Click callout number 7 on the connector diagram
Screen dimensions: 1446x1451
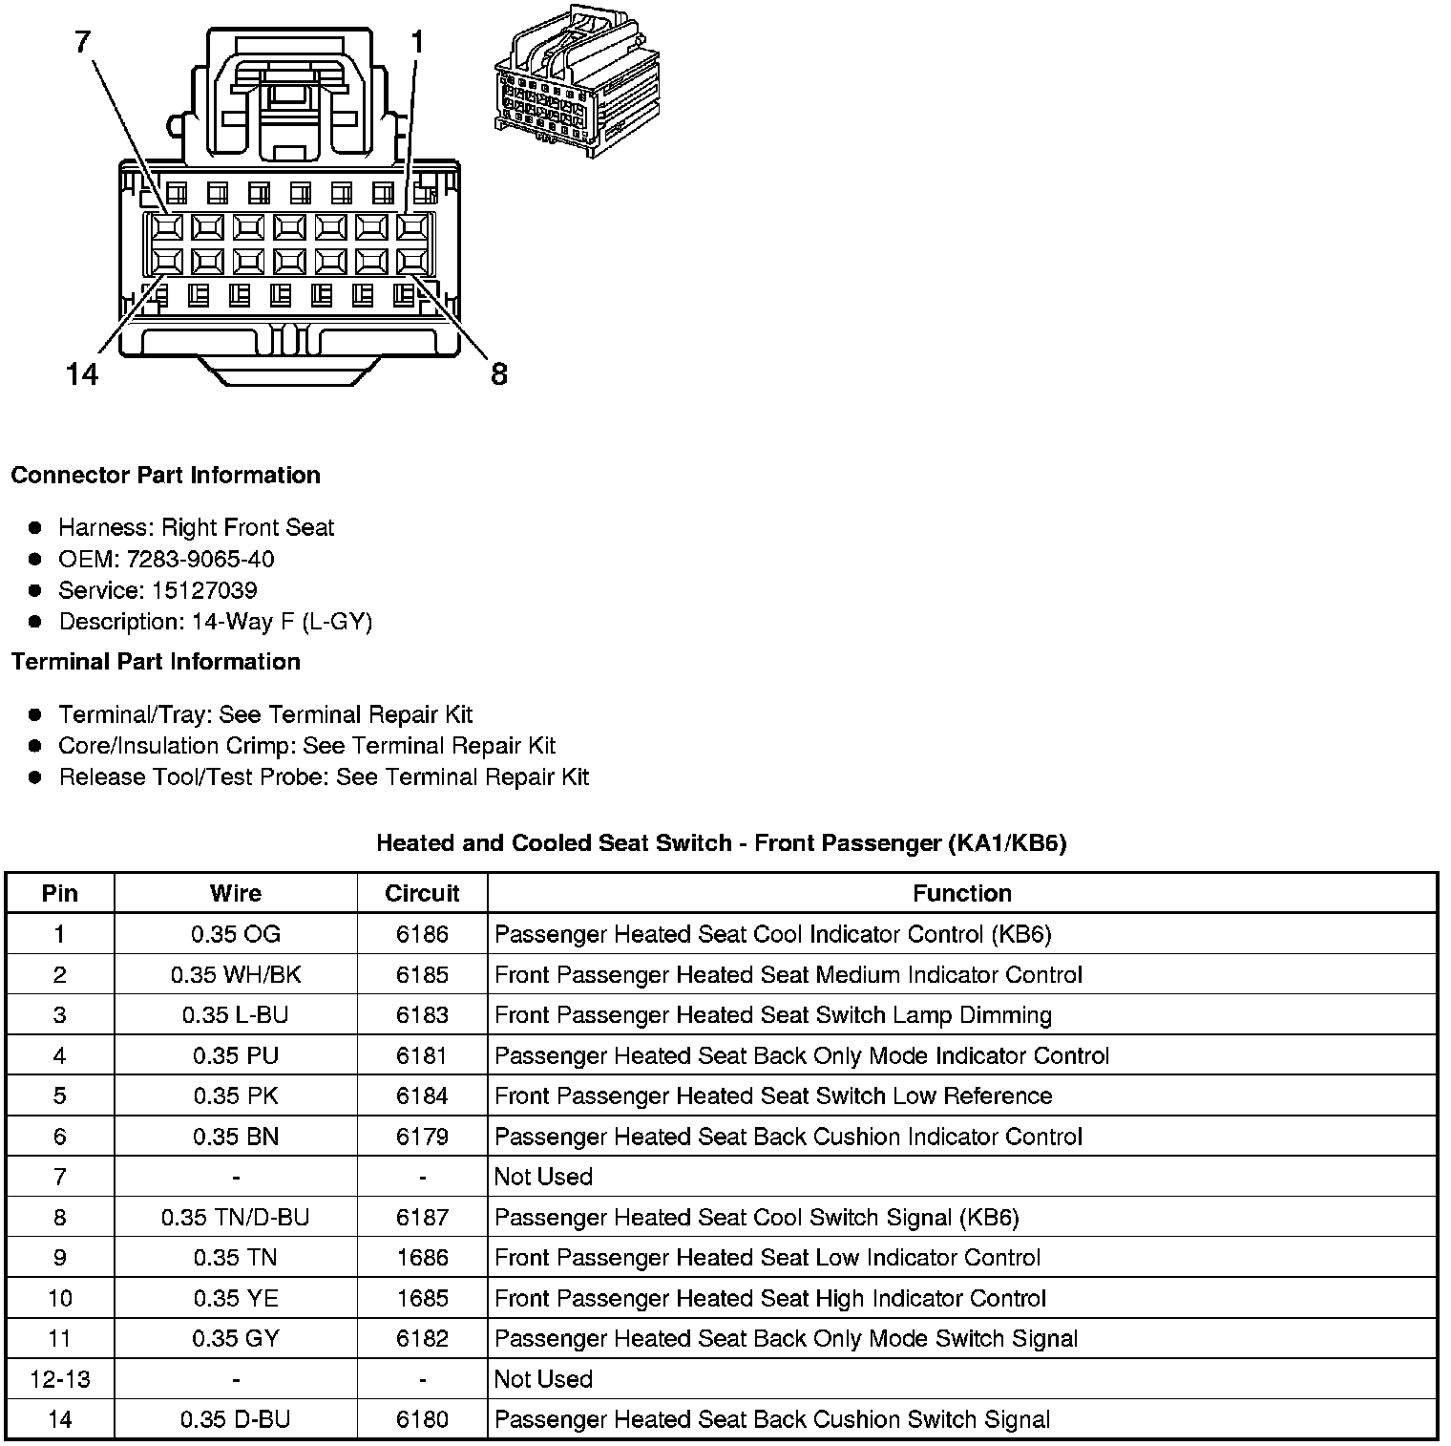coord(83,41)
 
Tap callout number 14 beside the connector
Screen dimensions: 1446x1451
coord(83,373)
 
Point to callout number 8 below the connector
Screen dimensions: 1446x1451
coord(498,373)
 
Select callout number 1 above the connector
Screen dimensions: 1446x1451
coord(416,41)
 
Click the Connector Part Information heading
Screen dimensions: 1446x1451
coord(165,476)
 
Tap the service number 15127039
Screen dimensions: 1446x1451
coord(204,590)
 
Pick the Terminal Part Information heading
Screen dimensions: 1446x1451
coord(156,662)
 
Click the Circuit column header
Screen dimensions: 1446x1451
coord(422,893)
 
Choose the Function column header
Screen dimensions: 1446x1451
coord(961,893)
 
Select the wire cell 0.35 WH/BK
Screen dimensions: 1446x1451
coord(236,975)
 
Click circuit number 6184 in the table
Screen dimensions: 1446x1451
coord(422,1096)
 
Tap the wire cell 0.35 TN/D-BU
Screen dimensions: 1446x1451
coord(236,1218)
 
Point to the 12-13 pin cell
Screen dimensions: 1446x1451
coord(60,1379)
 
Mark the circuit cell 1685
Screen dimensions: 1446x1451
coord(422,1299)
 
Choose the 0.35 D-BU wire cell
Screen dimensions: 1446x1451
coord(236,1420)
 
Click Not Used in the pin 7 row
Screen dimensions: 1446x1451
coord(543,1177)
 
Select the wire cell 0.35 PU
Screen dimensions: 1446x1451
coord(236,1056)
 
